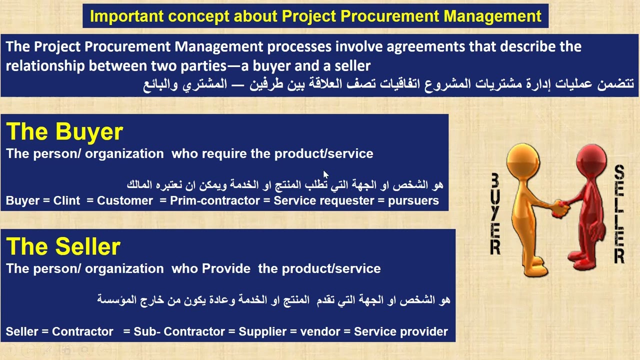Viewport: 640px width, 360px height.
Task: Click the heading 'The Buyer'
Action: pos(64,132)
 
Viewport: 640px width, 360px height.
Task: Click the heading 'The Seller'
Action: pos(63,247)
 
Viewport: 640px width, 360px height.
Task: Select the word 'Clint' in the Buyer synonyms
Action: pos(67,200)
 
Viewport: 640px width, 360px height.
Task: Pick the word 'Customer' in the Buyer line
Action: pos(125,200)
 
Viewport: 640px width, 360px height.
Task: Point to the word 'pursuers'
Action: pos(413,200)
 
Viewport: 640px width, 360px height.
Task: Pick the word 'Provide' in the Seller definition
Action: pos(226,268)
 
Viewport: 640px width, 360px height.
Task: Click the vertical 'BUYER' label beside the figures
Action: pos(495,214)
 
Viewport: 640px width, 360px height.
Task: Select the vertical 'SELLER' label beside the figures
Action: pos(619,214)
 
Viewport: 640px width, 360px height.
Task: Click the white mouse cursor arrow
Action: pos(325,175)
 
